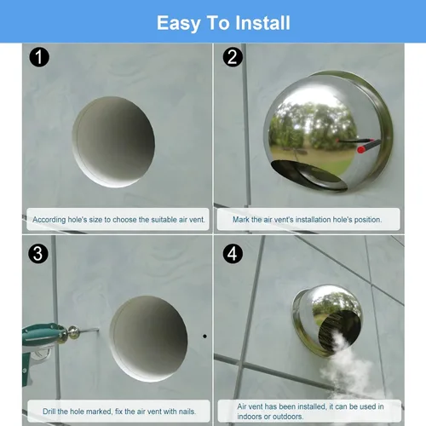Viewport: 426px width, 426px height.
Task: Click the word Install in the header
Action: pos(262,23)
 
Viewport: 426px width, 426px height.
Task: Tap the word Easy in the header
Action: pos(179,24)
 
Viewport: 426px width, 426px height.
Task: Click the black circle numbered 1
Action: pos(39,57)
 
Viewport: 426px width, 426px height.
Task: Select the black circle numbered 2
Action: pos(233,57)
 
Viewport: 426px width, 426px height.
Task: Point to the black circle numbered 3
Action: pos(38,254)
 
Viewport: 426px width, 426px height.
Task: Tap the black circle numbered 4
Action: pos(233,254)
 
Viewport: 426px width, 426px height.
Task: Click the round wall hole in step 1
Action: pos(113,142)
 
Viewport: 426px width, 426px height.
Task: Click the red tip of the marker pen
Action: pos(361,150)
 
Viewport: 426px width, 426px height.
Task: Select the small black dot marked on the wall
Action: pos(204,337)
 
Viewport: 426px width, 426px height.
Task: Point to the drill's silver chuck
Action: pos(72,332)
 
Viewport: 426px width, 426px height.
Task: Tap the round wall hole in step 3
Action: pos(148,338)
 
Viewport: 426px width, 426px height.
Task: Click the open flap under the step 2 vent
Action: pos(309,176)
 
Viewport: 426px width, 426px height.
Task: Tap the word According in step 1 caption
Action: pos(49,220)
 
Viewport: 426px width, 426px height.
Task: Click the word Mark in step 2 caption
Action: pos(241,220)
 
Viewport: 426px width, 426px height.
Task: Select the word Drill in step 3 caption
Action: pos(49,412)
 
